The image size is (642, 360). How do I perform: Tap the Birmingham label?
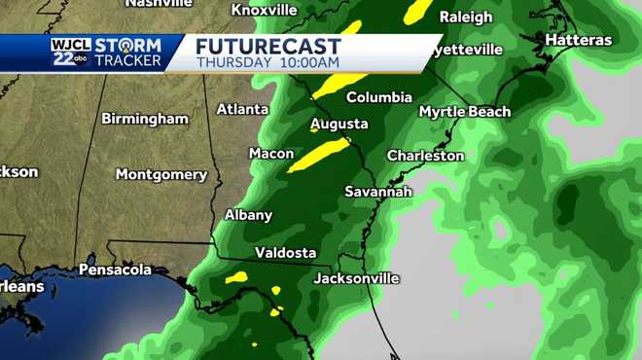tap(145, 119)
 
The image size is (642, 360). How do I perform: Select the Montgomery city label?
tap(161, 175)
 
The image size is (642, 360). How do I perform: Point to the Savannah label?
tap(378, 192)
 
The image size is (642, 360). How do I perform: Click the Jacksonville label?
tap(356, 278)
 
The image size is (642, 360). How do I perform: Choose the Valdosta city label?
tap(285, 253)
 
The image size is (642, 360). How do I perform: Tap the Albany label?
tap(248, 215)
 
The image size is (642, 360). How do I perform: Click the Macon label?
tap(270, 154)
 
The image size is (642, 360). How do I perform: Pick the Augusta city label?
tap(339, 125)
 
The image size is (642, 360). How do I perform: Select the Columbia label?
tap(379, 97)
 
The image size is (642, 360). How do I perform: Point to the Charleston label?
tap(425, 156)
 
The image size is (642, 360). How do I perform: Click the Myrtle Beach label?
tap(464, 112)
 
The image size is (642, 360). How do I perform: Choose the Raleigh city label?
tap(466, 17)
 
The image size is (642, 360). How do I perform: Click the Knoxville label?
tap(265, 10)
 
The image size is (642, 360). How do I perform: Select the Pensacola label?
tap(115, 269)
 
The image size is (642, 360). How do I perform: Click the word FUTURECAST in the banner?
tap(268, 46)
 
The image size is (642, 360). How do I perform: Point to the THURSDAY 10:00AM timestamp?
tap(267, 62)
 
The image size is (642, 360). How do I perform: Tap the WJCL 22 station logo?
tap(66, 52)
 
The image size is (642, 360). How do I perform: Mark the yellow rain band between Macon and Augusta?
tap(319, 154)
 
